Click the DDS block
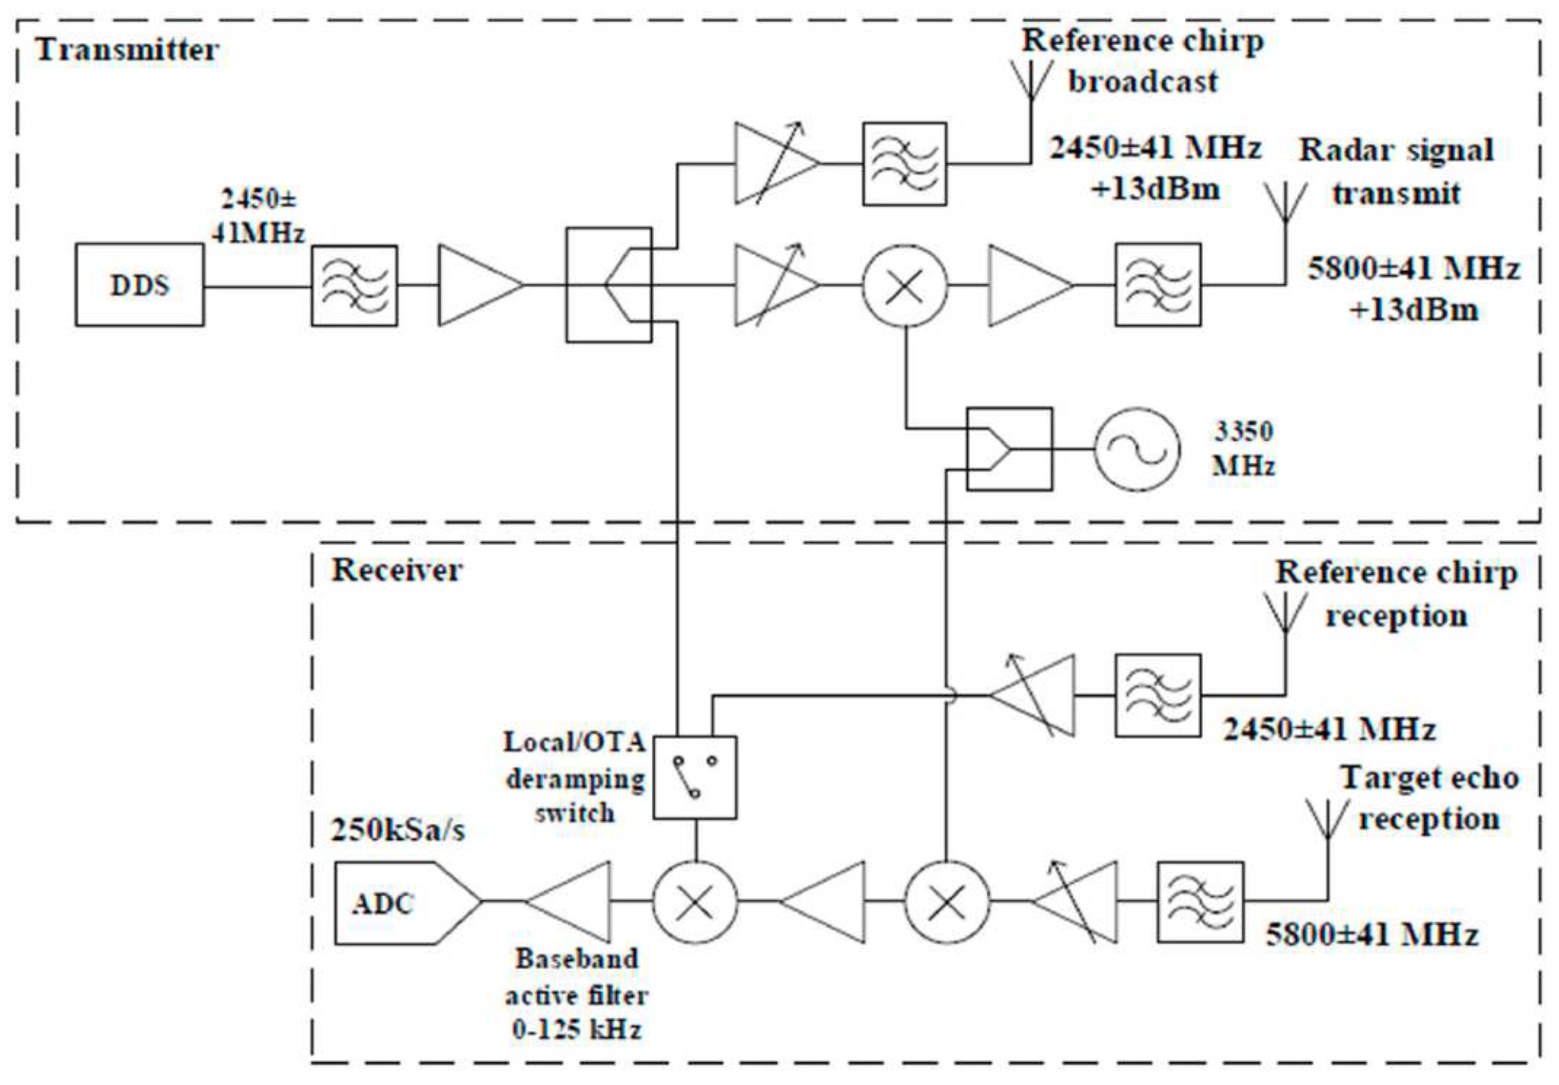[x=139, y=285]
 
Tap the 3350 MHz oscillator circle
[x=1137, y=449]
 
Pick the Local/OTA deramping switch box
[x=695, y=777]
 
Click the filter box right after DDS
[x=354, y=285]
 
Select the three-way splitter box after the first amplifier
[x=609, y=284]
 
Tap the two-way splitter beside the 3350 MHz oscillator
[x=1009, y=449]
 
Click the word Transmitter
[x=127, y=50]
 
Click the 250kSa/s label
[x=398, y=830]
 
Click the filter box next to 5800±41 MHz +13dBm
[x=1158, y=284]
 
